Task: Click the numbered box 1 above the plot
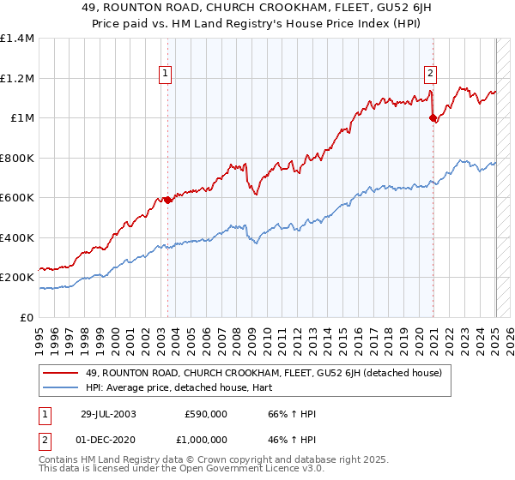(x=164, y=75)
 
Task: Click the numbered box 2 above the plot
(x=430, y=75)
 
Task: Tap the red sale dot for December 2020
(x=433, y=118)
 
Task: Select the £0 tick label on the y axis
(x=28, y=318)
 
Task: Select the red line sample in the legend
(x=61, y=373)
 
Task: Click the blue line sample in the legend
(x=61, y=387)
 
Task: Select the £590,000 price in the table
(x=205, y=414)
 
